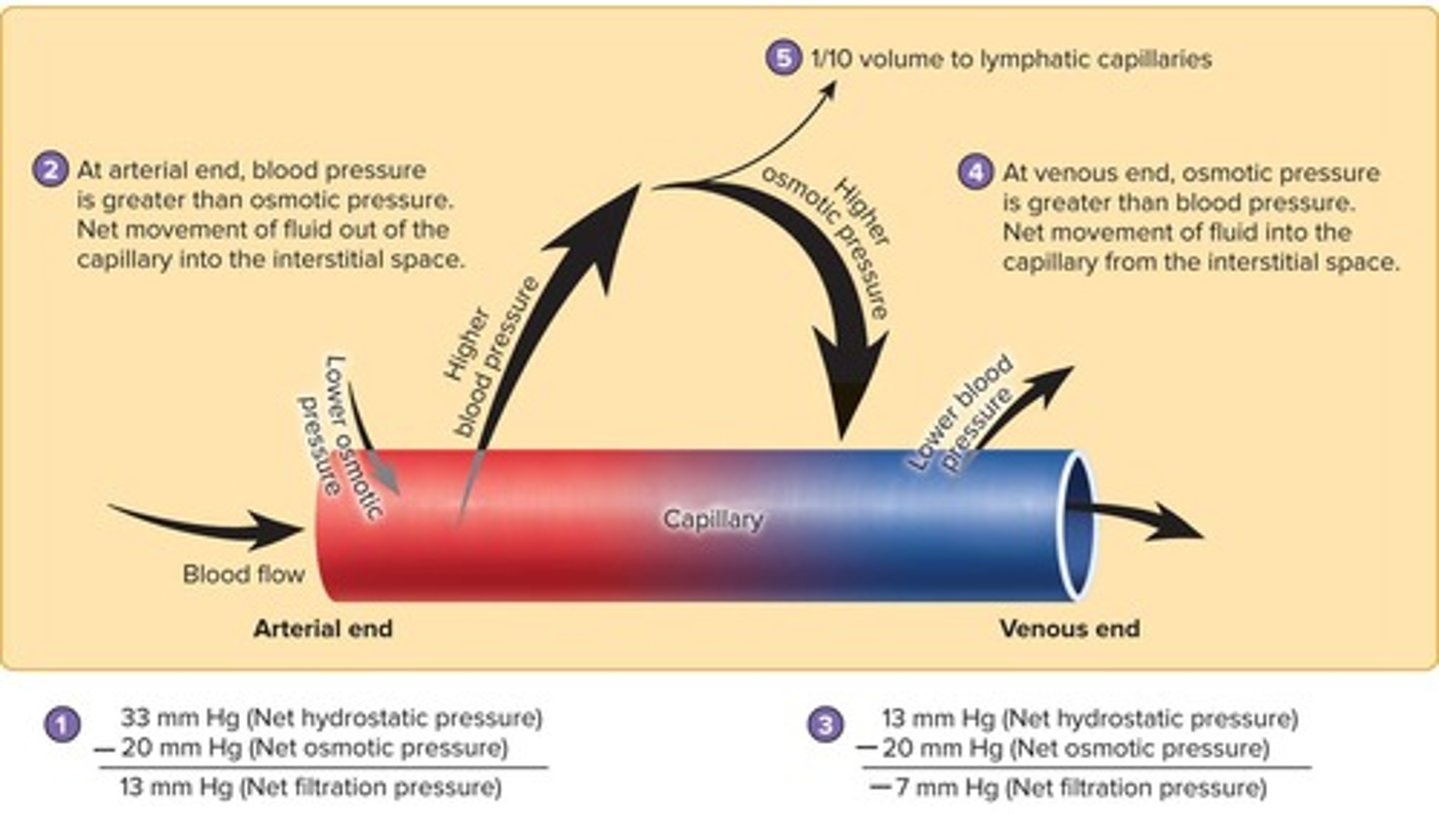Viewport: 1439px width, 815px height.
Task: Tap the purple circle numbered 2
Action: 47,168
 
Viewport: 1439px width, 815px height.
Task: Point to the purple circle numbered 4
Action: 974,172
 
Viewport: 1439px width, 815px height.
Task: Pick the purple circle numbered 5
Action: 783,59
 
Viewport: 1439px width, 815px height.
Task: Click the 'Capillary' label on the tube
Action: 714,520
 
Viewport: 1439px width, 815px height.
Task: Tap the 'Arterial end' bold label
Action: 323,629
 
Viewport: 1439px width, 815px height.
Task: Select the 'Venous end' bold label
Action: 1069,629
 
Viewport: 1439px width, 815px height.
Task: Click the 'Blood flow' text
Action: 243,575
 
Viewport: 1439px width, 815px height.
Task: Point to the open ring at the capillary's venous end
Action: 1078,525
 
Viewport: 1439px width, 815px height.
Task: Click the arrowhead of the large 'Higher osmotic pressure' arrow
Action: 847,385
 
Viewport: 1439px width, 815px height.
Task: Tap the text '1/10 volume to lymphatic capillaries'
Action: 1009,59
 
